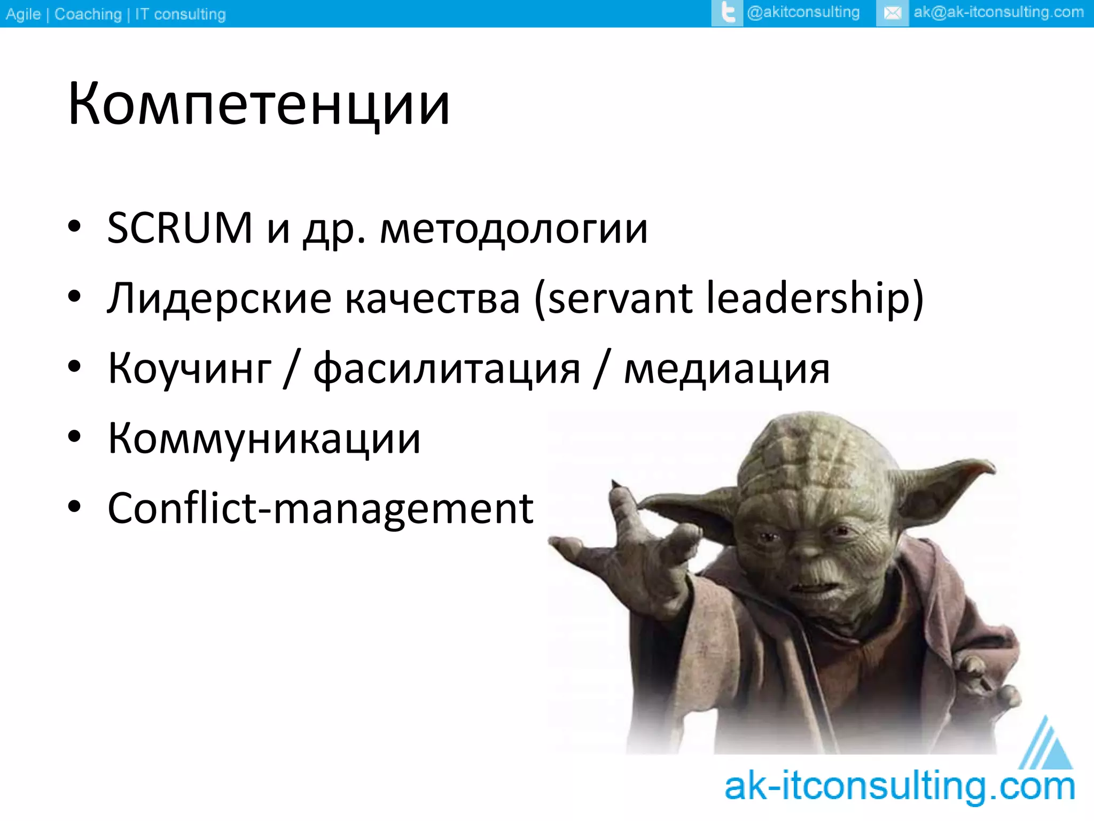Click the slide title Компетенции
tap(259, 104)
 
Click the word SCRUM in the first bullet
tap(179, 228)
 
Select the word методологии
tap(514, 230)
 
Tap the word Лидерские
tap(219, 299)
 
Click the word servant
tap(620, 299)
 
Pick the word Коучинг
tap(190, 369)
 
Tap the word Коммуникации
tap(264, 439)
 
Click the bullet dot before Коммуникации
tap(74, 437)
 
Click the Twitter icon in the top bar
tap(727, 13)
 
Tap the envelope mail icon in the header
tap(892, 13)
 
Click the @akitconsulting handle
tap(803, 12)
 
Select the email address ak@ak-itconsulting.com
tap(998, 12)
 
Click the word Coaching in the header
tap(88, 14)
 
